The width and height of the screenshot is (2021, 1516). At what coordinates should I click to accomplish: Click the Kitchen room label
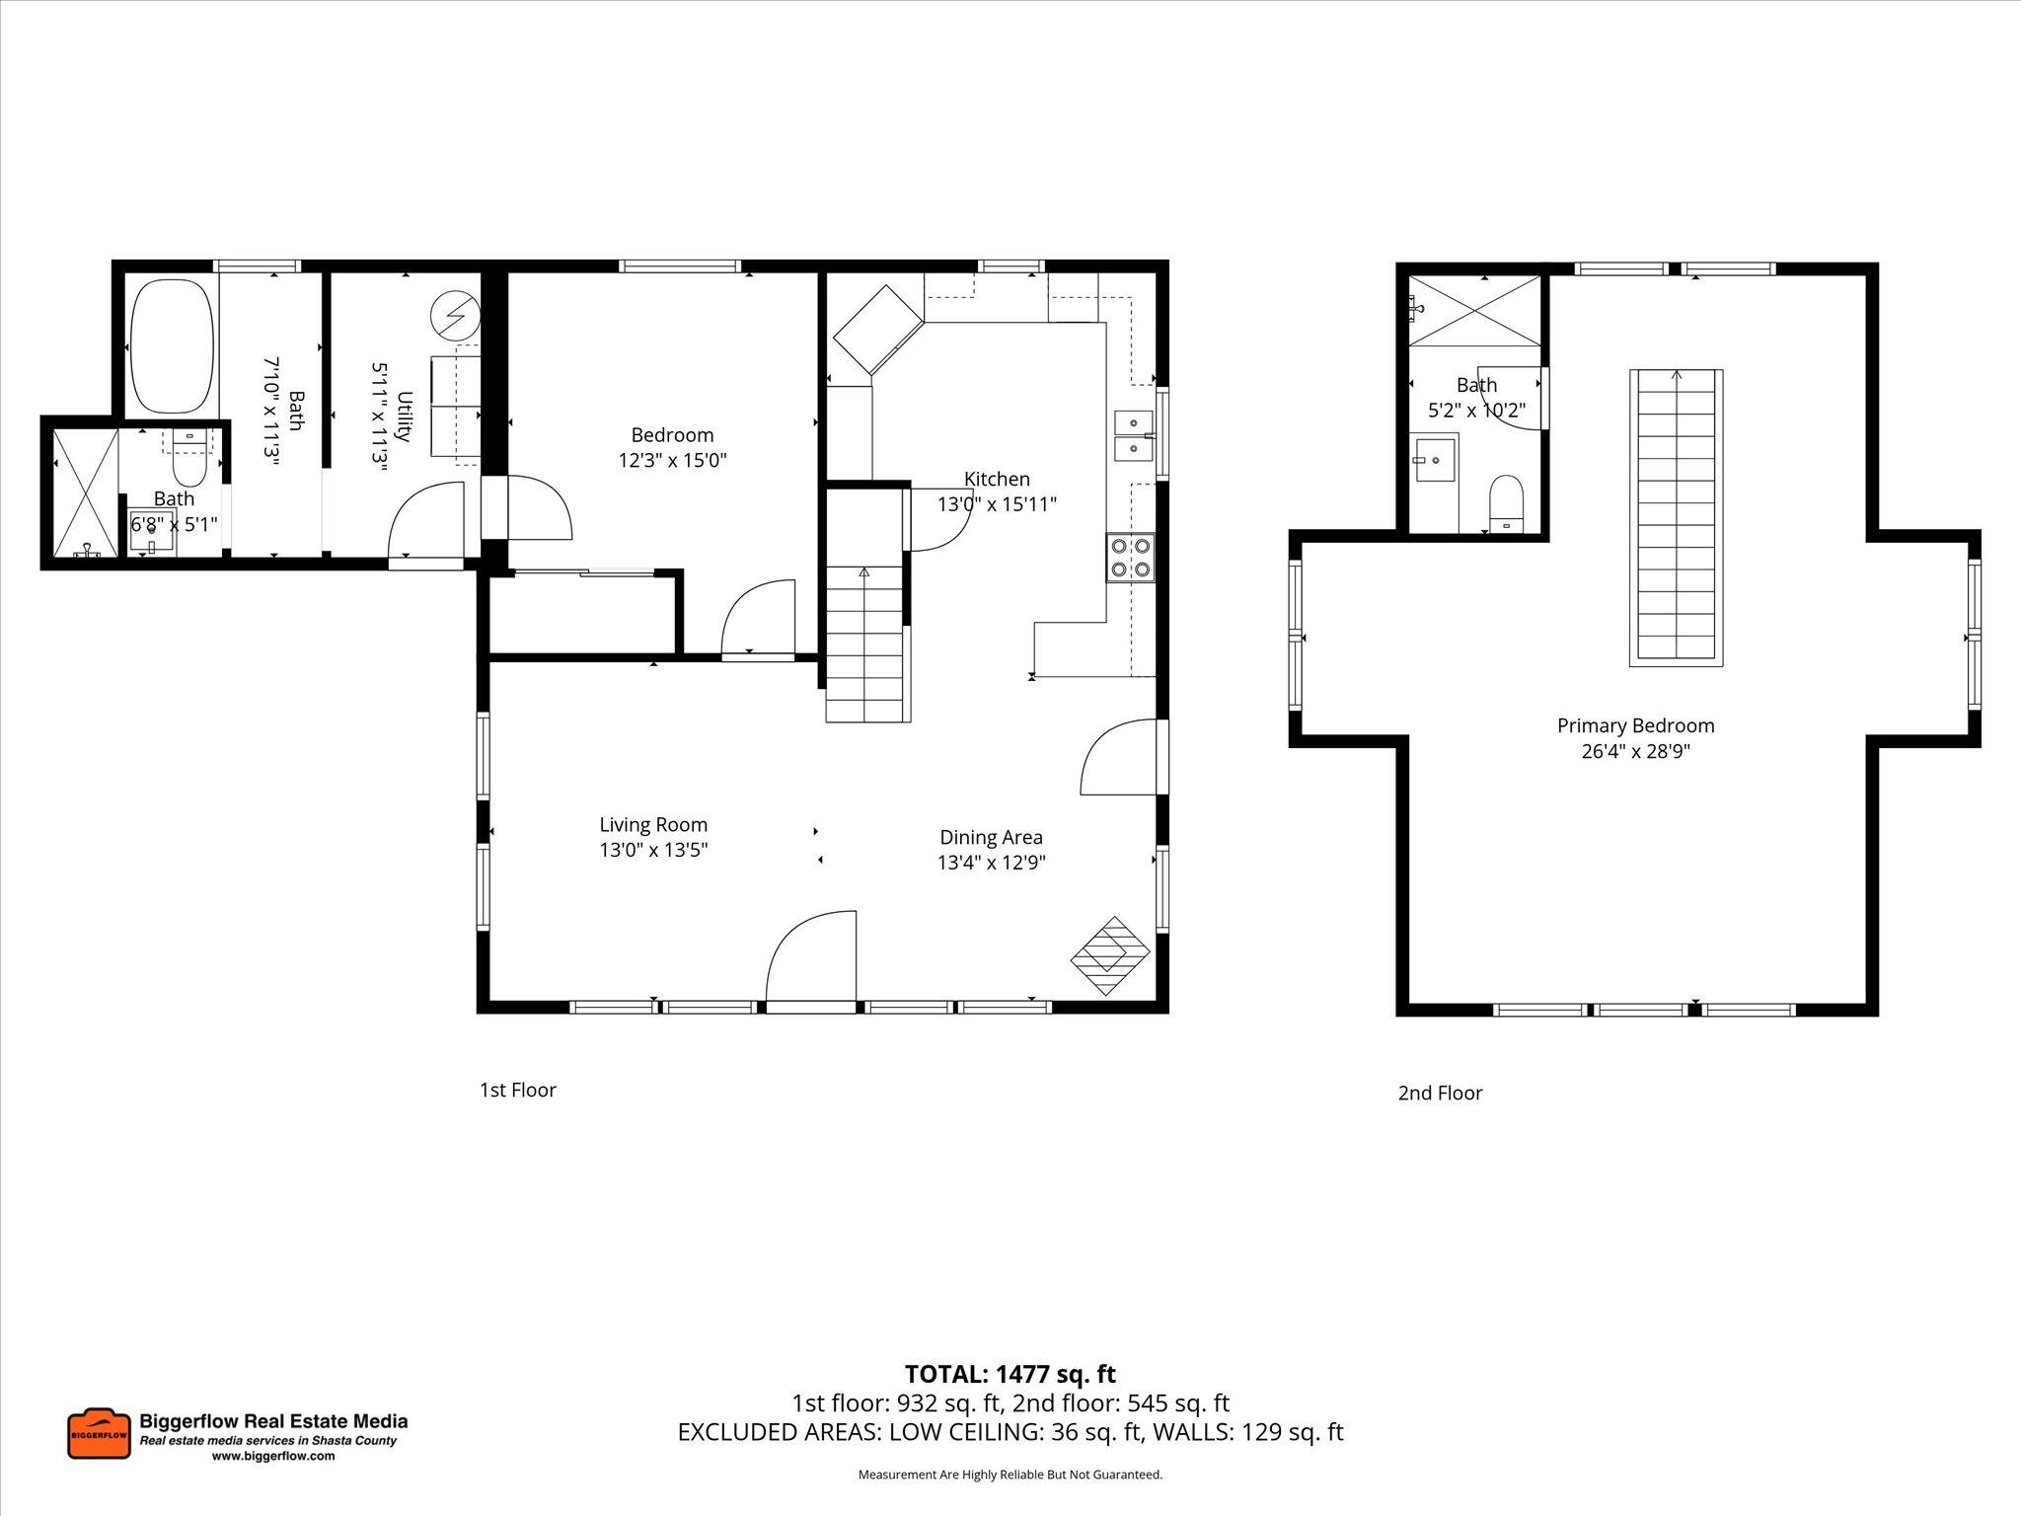997,480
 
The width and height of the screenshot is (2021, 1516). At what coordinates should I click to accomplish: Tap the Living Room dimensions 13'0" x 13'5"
653,850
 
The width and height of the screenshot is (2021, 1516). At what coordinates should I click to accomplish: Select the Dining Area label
991,838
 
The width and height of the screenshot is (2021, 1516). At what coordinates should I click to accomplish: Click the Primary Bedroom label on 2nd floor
1635,726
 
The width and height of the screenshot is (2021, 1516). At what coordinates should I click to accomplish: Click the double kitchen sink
1134,436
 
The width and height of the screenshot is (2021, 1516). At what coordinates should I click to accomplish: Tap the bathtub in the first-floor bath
172,345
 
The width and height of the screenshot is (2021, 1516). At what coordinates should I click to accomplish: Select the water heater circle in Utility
455,317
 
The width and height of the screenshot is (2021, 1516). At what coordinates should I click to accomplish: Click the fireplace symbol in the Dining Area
1111,956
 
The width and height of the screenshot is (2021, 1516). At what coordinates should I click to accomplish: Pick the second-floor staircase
1676,516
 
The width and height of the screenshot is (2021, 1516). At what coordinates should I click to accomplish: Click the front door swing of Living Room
811,958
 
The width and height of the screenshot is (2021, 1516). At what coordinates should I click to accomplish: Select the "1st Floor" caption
518,1091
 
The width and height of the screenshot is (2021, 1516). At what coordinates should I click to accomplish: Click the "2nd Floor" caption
1440,1094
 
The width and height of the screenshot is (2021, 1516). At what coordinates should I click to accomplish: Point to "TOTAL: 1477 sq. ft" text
1010,1374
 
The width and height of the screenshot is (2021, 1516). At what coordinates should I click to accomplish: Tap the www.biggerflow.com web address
273,1456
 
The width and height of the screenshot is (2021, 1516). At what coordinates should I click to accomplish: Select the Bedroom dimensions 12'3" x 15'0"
672,461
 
